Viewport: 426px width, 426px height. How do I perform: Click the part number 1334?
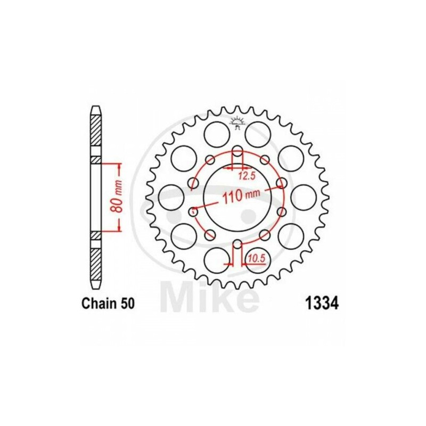(322, 304)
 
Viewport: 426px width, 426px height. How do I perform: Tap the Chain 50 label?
(108, 304)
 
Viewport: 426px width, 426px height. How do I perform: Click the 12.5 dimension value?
(247, 177)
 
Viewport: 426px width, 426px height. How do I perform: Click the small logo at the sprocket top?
(237, 122)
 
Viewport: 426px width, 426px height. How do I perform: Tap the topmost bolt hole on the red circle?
(238, 152)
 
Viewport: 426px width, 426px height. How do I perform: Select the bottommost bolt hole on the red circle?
(237, 244)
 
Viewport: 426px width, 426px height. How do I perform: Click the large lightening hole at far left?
(171, 198)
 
